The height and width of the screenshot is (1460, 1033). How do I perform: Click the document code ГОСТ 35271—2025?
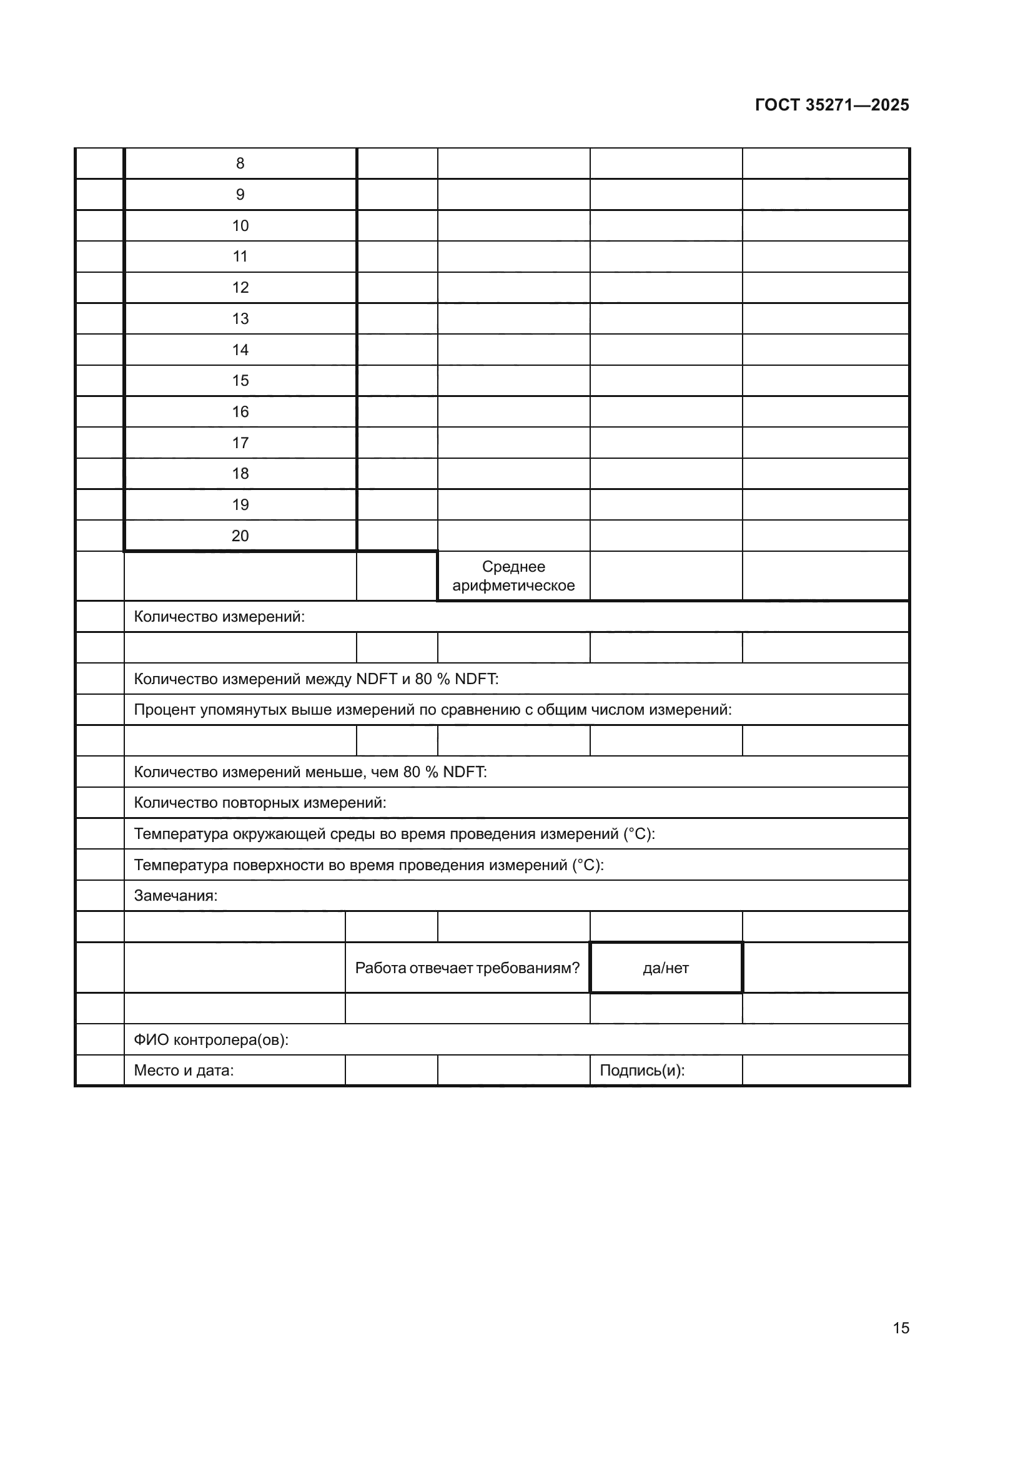(831, 105)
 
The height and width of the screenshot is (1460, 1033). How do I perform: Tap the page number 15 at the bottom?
(901, 1328)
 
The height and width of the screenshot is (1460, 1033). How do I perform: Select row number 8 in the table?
(240, 164)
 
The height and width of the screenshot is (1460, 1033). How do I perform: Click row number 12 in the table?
(240, 287)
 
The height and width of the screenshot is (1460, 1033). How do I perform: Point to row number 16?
(240, 411)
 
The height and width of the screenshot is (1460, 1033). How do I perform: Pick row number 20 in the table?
(240, 536)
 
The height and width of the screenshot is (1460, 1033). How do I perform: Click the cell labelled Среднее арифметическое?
(513, 576)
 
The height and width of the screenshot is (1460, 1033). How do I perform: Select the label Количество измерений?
(219, 616)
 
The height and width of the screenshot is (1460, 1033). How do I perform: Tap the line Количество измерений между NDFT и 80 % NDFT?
(315, 679)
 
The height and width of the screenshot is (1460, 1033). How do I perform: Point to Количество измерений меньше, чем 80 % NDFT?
(310, 772)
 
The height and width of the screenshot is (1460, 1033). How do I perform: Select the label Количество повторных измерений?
(260, 803)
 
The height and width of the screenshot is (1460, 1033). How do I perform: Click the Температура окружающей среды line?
(393, 834)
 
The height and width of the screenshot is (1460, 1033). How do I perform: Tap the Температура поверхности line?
(368, 865)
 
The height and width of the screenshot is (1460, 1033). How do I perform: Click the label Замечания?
(175, 895)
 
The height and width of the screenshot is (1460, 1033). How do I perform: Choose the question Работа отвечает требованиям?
(467, 968)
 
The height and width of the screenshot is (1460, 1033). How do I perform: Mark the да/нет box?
(665, 968)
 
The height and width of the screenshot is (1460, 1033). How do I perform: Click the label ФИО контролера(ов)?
(210, 1040)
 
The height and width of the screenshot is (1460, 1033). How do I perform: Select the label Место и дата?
(183, 1071)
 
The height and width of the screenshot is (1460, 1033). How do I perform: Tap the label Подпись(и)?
(642, 1071)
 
